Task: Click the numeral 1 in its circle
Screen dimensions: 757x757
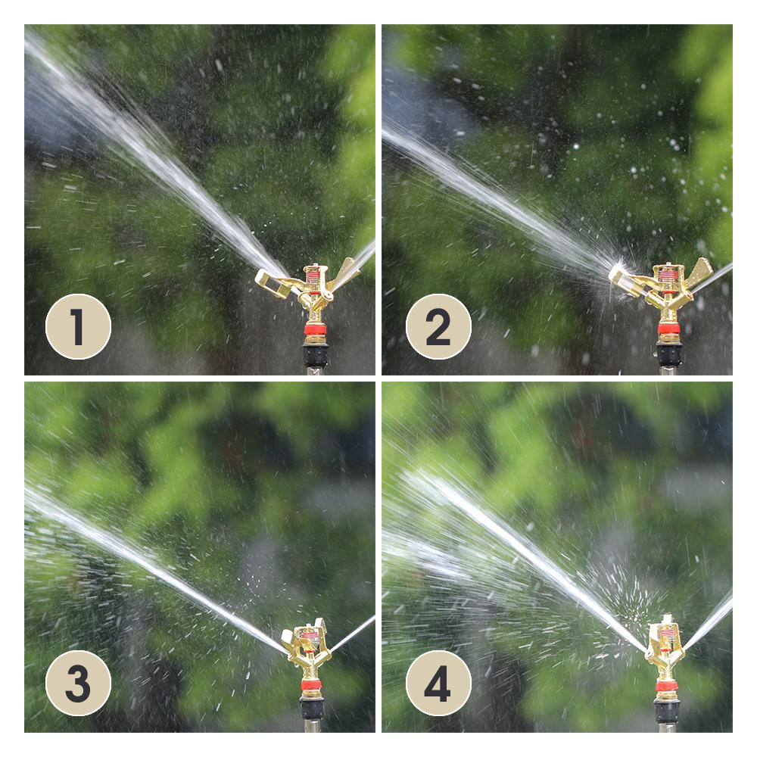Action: point(78,327)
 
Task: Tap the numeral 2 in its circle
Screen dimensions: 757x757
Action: point(438,327)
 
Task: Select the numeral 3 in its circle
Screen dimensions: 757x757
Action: point(78,684)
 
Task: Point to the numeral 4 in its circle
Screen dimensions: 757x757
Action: point(438,684)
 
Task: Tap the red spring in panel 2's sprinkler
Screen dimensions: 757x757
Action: point(668,277)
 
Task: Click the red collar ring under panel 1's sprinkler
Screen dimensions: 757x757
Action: point(314,331)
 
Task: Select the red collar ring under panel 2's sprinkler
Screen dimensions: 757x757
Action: point(668,329)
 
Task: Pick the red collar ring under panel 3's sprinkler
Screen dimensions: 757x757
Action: point(311,685)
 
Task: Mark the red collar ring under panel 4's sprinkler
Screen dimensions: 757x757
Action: point(667,687)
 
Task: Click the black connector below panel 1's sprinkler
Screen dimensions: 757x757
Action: point(315,355)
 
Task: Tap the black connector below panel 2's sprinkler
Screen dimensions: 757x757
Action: point(669,354)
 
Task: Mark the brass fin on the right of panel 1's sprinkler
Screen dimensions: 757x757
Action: point(346,273)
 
